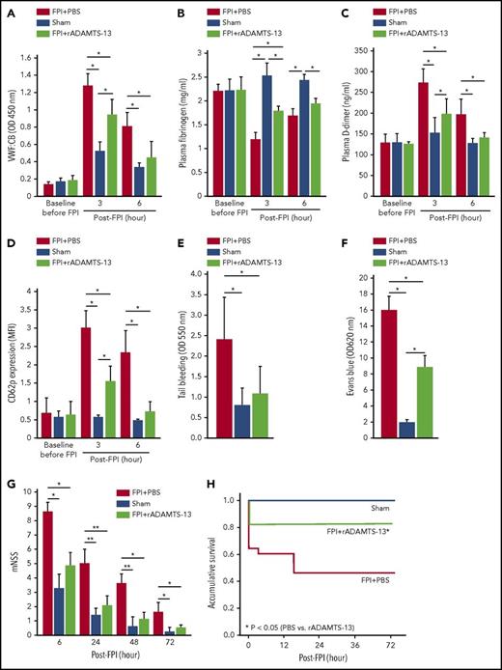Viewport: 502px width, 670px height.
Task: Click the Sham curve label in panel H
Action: click(463, 509)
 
